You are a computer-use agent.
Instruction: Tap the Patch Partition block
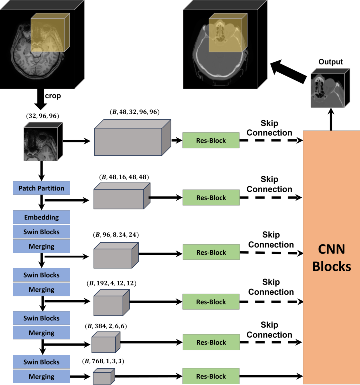tap(42, 188)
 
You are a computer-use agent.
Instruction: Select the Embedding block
tap(42, 217)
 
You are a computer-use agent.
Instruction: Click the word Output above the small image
tap(331, 62)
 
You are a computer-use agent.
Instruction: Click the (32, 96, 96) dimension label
tap(42, 116)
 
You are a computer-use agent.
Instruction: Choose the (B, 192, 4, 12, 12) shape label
tap(111, 283)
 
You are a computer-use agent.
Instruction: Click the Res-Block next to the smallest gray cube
tap(211, 376)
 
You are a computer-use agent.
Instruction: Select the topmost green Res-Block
tap(211, 141)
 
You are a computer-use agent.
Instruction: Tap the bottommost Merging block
tap(42, 376)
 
